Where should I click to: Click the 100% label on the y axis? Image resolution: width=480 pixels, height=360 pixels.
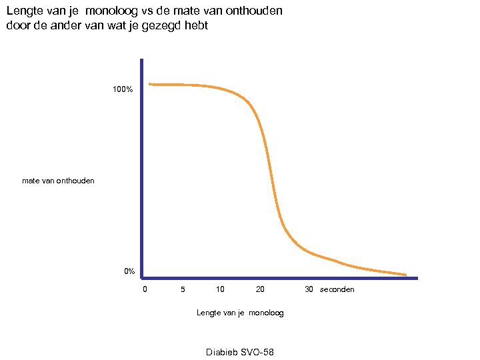123,89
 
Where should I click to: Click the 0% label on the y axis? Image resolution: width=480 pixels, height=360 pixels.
129,271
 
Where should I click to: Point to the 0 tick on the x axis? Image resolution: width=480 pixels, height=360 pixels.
145,289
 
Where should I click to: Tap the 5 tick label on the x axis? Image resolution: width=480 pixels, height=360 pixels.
183,289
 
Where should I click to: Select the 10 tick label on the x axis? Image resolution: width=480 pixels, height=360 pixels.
220,289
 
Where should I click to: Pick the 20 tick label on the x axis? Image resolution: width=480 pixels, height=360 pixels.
260,289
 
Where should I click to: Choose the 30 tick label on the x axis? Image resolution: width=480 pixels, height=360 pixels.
309,289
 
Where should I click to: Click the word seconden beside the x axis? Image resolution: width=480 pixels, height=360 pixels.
337,289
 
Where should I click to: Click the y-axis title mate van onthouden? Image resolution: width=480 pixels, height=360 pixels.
58,181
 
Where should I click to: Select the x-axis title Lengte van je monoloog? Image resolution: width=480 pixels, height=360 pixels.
240,313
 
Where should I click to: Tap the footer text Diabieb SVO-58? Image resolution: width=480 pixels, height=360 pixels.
240,352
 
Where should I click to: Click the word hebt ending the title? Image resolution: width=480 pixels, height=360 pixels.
195,26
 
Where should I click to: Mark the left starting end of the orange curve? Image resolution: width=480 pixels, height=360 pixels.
150,84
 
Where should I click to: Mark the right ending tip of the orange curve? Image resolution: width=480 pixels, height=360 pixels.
405,274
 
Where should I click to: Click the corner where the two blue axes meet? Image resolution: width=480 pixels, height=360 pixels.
142,277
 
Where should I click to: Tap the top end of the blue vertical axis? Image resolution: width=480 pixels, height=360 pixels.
142,61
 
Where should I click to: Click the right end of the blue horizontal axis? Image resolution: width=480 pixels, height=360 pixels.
417,277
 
